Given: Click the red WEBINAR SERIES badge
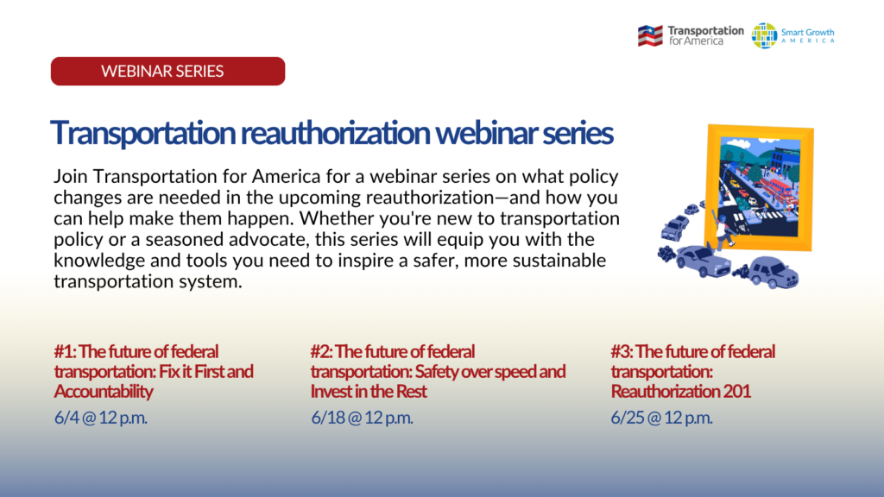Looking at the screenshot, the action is coord(168,71).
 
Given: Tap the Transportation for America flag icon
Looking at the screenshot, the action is coord(650,36).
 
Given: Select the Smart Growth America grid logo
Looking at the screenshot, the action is coord(764,36).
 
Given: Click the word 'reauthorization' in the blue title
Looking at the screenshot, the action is coord(335,133).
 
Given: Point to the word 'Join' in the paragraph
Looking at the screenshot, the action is coord(71,177).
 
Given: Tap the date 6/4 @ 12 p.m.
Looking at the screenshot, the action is coord(101,418).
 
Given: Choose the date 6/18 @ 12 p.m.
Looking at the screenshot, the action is coord(362,418).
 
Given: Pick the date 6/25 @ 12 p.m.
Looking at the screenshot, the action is coord(662,418).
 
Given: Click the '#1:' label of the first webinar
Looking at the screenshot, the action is coord(66,352).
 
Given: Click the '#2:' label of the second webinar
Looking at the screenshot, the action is coord(322,352).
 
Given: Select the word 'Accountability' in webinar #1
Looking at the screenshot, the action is coord(104,392).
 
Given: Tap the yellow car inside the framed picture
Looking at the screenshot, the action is coord(735,183).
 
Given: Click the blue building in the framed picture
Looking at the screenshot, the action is coord(782,159).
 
